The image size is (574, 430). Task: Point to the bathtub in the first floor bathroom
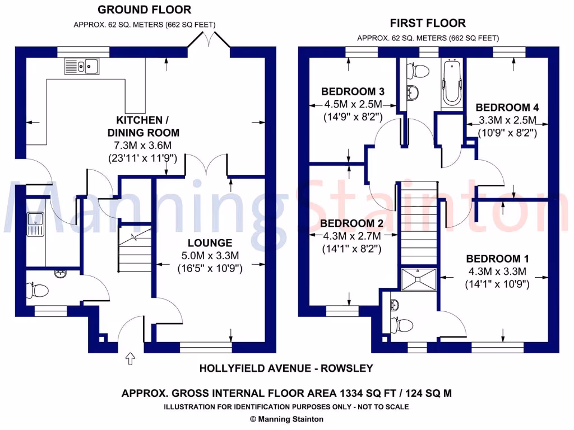pyautogui.click(x=450, y=85)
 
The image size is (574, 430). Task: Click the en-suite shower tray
pyautogui.click(x=419, y=279)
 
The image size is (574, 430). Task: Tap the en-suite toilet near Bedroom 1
pyautogui.click(x=402, y=324)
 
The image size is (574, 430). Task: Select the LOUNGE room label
pyautogui.click(x=210, y=243)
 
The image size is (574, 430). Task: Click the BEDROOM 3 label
pyautogui.click(x=353, y=91)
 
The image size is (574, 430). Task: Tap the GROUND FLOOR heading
pyautogui.click(x=144, y=10)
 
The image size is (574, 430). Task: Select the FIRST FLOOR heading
pyautogui.click(x=428, y=23)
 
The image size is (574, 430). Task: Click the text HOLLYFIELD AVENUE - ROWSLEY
pyautogui.click(x=286, y=368)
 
